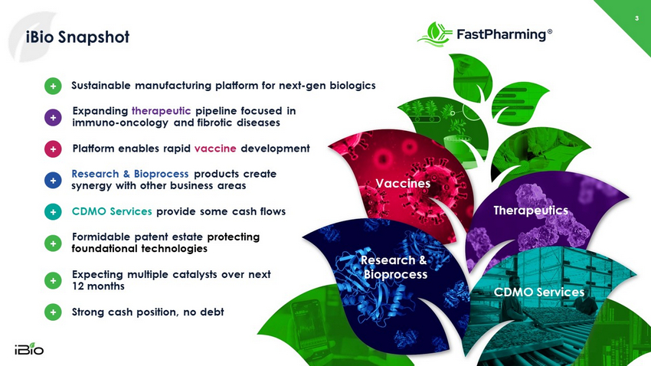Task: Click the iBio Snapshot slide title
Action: pos(77,37)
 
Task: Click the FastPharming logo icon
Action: pos(435,34)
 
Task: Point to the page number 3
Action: pos(636,18)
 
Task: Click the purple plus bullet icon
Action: pos(53,117)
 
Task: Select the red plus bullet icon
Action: pos(53,149)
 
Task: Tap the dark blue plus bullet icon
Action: pos(53,181)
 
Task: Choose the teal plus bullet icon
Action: pos(53,211)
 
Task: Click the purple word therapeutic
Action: pos(161,111)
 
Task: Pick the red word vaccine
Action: pos(215,149)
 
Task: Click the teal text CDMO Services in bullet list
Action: pos(112,211)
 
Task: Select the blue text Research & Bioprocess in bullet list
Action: pos(130,174)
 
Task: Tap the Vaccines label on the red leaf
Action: pos(403,184)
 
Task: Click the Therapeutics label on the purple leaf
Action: pos(531,211)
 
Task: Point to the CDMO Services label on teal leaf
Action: pos(539,292)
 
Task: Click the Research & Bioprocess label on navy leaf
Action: pos(394,267)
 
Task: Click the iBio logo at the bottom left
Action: pos(29,349)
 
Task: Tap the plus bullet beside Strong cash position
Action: pos(53,312)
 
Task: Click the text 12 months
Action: pos(98,286)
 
